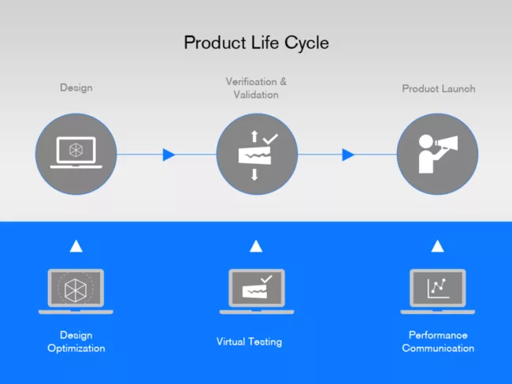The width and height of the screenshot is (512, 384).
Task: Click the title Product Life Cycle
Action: point(256,42)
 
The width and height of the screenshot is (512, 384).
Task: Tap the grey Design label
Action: point(76,88)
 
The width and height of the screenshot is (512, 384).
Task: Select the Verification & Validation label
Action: point(256,88)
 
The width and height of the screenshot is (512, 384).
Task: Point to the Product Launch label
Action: point(439,89)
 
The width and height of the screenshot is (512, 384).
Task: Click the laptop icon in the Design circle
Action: point(76,153)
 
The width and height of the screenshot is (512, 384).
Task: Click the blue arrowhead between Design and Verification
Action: point(169,155)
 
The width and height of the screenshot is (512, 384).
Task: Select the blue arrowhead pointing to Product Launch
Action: point(348,155)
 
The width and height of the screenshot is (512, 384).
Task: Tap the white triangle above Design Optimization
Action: point(76,246)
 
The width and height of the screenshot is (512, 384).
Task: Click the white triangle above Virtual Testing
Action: point(256,246)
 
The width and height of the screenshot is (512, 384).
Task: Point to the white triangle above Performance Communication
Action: point(438,246)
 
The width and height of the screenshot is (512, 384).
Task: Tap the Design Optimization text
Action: point(76,341)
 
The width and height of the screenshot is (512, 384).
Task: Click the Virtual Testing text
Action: point(249,342)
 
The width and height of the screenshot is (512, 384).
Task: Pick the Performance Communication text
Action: point(438,341)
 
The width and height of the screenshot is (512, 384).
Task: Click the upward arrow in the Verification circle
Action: point(254,137)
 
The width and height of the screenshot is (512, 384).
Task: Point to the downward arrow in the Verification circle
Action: point(254,174)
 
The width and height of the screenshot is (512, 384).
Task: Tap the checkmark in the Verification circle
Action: point(270,139)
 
